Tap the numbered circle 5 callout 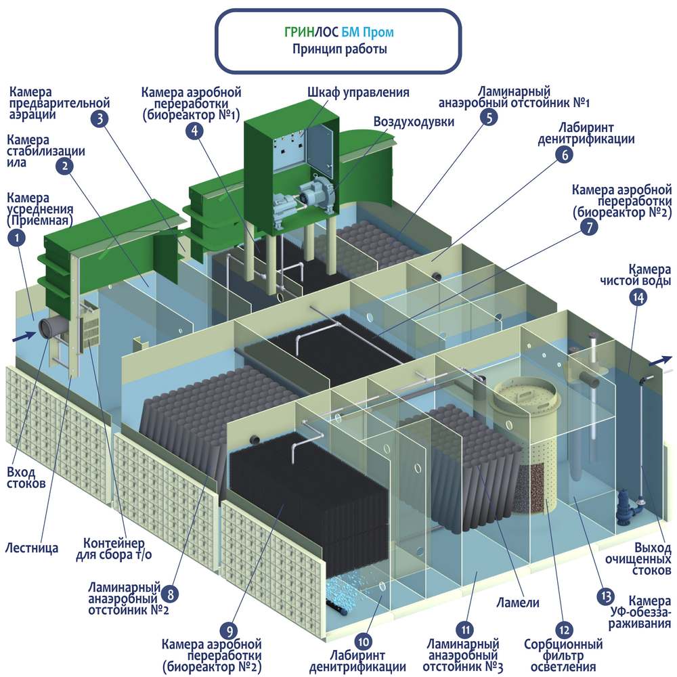487,117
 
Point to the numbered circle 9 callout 230,631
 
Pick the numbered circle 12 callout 559,627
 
